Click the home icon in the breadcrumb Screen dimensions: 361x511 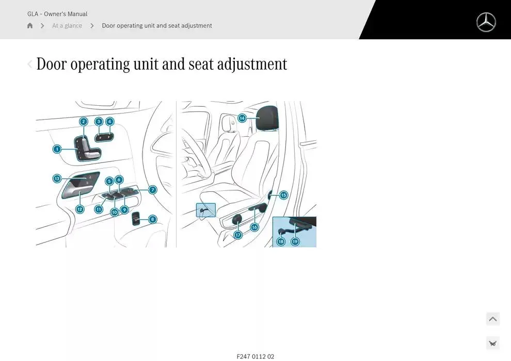[30, 26]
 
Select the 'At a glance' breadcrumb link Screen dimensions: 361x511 [67, 26]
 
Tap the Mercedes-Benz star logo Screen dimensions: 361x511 [486, 22]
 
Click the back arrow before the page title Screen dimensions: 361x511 [29, 64]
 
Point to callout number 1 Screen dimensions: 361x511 [57, 149]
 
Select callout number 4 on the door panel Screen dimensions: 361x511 [109, 122]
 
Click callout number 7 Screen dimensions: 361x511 [153, 190]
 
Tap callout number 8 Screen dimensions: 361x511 [152, 219]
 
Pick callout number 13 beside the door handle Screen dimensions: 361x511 [57, 178]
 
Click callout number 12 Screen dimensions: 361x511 [79, 209]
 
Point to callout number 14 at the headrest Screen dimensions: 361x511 [242, 118]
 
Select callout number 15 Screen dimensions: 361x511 [283, 195]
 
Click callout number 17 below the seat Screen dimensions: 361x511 [238, 235]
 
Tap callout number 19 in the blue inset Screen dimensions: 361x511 [295, 241]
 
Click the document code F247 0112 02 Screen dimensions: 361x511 [255, 356]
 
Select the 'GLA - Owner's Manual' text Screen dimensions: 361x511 [57, 14]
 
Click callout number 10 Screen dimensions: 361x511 [115, 212]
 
